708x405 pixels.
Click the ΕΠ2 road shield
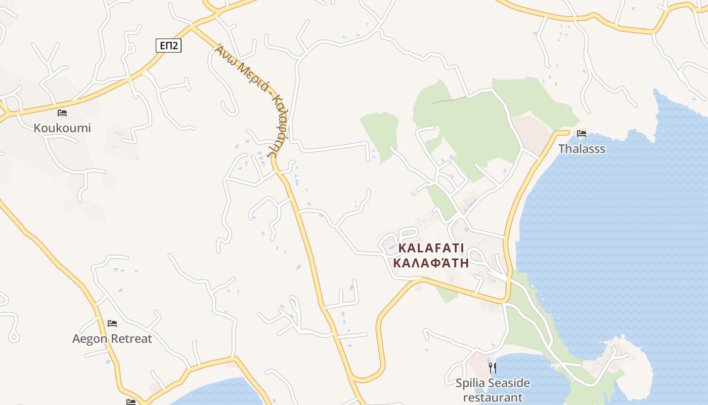(x=168, y=46)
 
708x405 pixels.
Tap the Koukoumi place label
(x=62, y=128)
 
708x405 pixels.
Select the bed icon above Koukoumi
(x=62, y=112)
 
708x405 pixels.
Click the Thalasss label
(x=582, y=149)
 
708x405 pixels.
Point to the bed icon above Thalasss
(x=582, y=134)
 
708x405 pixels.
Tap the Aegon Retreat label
(x=112, y=339)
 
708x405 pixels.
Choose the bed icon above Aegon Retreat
(x=112, y=323)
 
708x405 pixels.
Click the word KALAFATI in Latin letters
(x=431, y=248)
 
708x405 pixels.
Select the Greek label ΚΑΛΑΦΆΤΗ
(x=431, y=263)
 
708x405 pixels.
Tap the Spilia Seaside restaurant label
(x=493, y=390)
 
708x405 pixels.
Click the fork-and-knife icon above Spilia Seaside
(x=493, y=367)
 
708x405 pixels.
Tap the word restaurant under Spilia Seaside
(x=493, y=398)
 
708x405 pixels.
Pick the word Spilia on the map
(x=471, y=383)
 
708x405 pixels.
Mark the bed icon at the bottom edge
(x=131, y=402)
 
